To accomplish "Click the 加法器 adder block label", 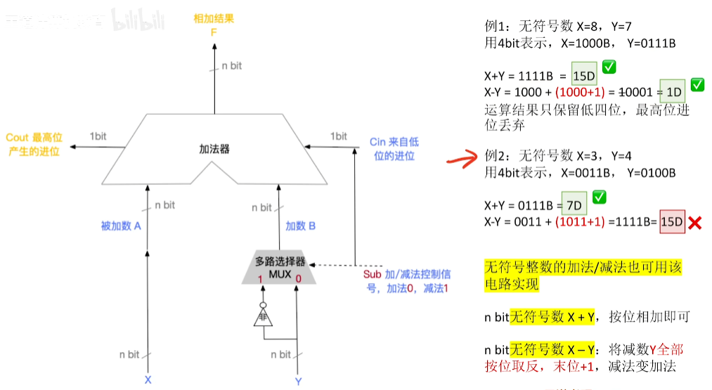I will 214,149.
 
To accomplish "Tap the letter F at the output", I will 214,33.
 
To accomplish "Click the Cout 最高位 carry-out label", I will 34,138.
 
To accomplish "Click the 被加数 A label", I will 122,226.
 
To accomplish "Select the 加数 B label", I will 301,226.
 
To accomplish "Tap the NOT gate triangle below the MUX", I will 262,317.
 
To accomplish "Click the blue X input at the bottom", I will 148,379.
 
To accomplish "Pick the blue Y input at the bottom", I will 298,380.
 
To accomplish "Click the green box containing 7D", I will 574,205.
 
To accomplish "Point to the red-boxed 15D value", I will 671,222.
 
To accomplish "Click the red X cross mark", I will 696,223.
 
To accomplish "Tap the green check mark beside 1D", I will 697,85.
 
